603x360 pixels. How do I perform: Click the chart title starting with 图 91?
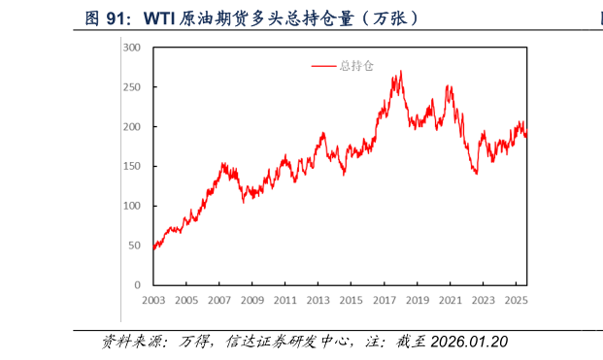coord(251,17)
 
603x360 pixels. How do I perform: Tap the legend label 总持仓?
coord(354,66)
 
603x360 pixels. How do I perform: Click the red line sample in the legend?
coord(323,66)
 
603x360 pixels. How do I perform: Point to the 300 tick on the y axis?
coord(132,48)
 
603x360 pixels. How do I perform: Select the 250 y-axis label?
coord(132,87)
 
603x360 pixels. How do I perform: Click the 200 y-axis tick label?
coord(132,127)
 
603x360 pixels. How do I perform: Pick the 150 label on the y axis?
coord(132,167)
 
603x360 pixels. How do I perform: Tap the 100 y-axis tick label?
coord(132,207)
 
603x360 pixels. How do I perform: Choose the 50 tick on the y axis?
coord(135,246)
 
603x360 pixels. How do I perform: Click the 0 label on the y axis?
coord(138,286)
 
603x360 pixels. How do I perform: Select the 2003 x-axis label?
coord(153,301)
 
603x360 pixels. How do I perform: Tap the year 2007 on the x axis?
coord(218,301)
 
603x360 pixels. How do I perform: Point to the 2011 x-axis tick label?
coord(285,301)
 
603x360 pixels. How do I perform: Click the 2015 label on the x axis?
coord(351,301)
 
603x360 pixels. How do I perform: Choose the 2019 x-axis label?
coord(417,301)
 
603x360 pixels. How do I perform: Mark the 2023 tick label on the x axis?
coord(483,301)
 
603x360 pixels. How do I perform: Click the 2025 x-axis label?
coord(516,301)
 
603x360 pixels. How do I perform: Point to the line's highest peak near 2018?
coord(400,71)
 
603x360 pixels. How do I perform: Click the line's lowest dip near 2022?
coord(476,173)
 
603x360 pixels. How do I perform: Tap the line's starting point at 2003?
coord(153,248)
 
